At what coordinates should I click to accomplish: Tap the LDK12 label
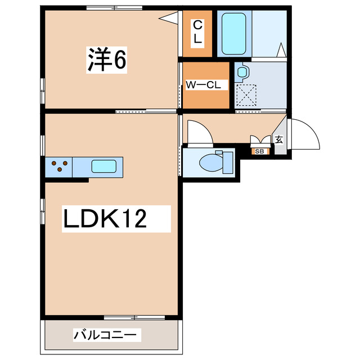(x=106, y=218)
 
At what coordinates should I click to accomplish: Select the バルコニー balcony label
(x=105, y=336)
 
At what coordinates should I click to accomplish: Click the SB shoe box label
(x=260, y=151)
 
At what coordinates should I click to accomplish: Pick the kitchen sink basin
(x=105, y=166)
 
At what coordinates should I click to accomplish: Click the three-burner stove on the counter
(x=60, y=167)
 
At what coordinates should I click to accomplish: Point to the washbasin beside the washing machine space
(x=242, y=72)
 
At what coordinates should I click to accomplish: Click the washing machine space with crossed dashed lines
(x=246, y=94)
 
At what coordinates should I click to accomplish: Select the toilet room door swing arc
(x=198, y=133)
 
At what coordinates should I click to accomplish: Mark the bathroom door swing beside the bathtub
(x=282, y=51)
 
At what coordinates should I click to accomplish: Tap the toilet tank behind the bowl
(x=228, y=162)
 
